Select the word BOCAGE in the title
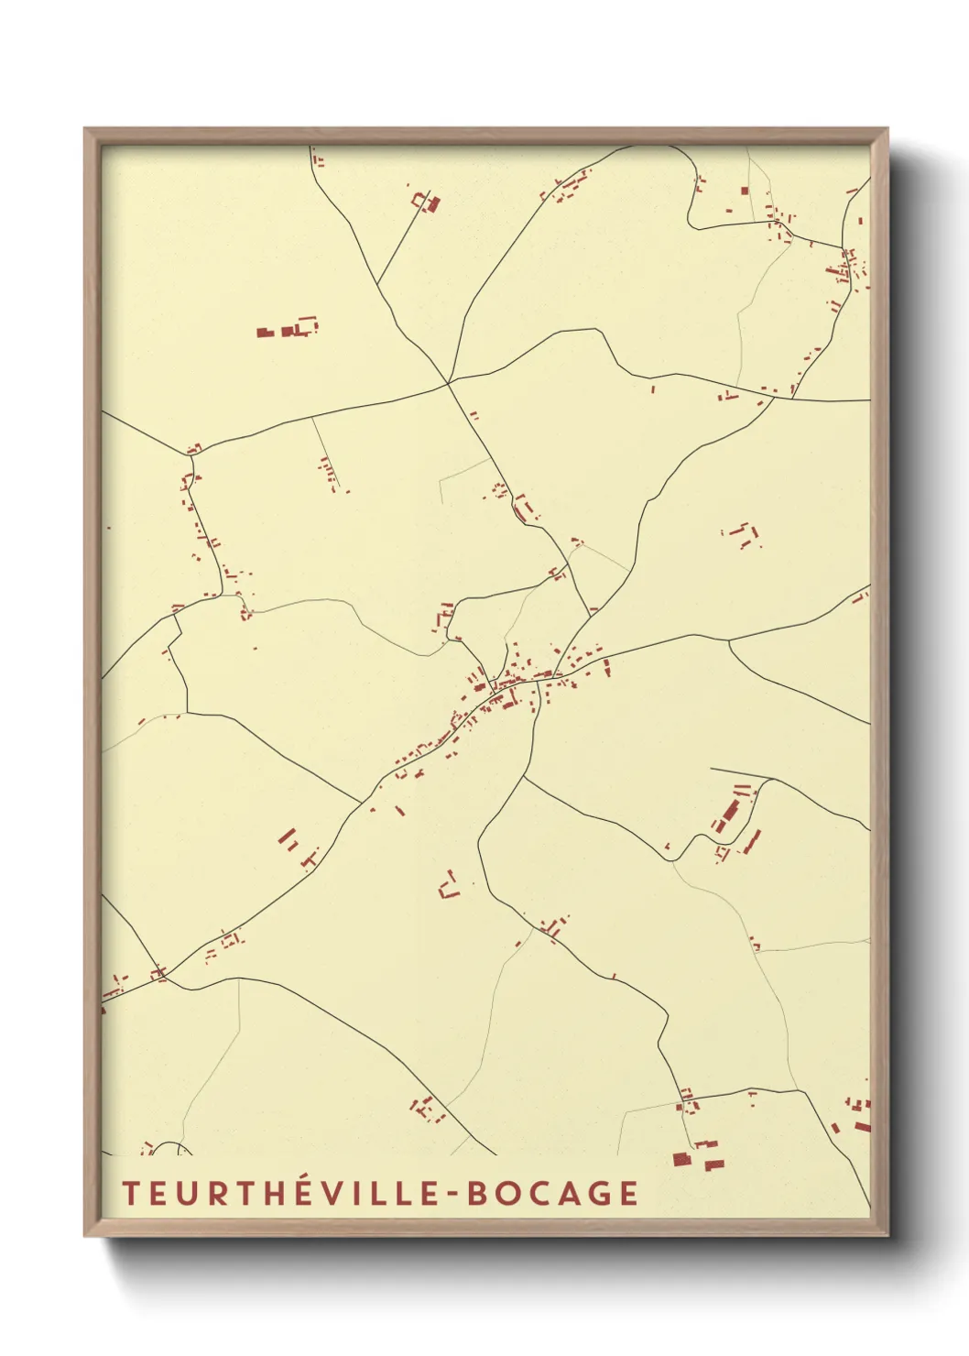pos(552,1193)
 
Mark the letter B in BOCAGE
pos(476,1193)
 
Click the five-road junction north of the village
pos(448,382)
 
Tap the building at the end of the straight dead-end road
pos(427,202)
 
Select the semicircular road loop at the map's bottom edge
pos(168,1148)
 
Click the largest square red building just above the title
pos(680,1159)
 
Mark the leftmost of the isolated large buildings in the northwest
pos(265,333)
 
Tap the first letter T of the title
pos(129,1193)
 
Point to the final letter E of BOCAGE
pos(628,1193)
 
